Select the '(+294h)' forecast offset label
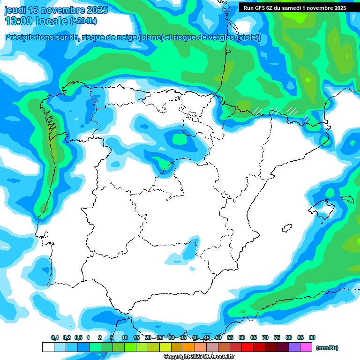pos(83,21)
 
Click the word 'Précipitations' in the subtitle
pos(28,37)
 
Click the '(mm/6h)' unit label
pos(327,348)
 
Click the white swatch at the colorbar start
pos(48,347)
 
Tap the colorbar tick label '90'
pos(312,337)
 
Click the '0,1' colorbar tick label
pos(55,337)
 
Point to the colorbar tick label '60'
pos(242,337)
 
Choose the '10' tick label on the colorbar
pos(125,337)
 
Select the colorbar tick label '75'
pos(277,337)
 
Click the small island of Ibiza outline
pos(286,228)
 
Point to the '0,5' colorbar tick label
pos(78,337)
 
